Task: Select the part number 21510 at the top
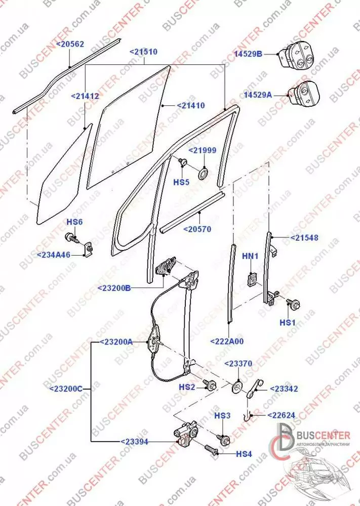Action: click(x=143, y=52)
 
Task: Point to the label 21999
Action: click(x=203, y=151)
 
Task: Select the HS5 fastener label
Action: click(x=182, y=182)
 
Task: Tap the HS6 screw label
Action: click(x=74, y=222)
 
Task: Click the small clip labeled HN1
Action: click(x=252, y=279)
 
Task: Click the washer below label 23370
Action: click(x=237, y=388)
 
